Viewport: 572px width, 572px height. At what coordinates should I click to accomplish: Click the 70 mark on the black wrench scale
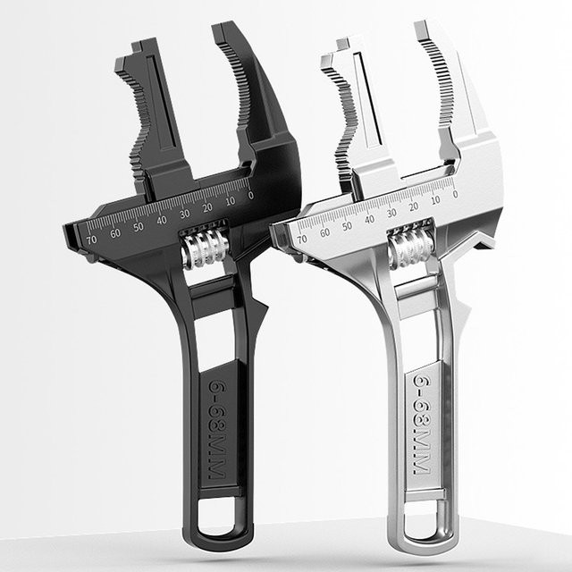point(91,240)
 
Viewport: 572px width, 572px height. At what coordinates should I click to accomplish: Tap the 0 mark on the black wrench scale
point(250,196)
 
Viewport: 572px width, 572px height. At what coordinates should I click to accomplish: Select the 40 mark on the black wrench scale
point(162,220)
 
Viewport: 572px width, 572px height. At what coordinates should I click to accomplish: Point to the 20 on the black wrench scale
point(207,207)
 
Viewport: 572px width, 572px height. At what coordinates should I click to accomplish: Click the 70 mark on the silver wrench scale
point(302,240)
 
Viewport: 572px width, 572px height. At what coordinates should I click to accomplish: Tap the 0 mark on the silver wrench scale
point(455,194)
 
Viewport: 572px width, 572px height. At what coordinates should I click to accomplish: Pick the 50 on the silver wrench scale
point(347,226)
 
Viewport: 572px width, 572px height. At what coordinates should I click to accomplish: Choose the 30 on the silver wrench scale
point(391,213)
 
